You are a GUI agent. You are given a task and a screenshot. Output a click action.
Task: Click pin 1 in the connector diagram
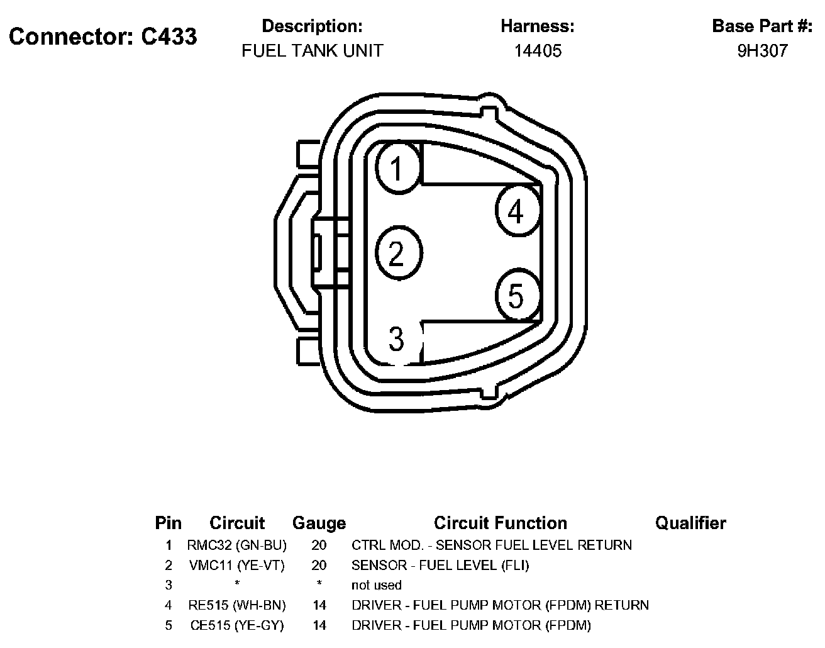(x=397, y=168)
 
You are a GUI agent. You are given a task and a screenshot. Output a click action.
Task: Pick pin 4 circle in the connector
(x=517, y=211)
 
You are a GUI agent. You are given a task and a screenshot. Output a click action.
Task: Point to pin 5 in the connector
(x=517, y=296)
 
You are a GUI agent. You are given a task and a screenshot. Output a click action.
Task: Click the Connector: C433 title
(x=103, y=36)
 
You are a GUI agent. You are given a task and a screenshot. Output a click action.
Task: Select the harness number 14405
(x=538, y=51)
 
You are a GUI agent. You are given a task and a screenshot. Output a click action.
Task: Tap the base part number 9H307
(x=762, y=51)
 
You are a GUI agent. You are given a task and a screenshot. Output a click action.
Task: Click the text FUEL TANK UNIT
(x=313, y=51)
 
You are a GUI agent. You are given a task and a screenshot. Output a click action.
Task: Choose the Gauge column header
(x=319, y=523)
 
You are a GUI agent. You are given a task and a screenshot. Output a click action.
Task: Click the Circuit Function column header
(x=501, y=523)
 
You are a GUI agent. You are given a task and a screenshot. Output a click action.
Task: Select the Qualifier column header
(x=690, y=523)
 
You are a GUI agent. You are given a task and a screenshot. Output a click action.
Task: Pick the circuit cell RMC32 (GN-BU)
(x=237, y=545)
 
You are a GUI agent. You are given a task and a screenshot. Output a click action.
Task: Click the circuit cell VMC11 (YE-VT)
(x=237, y=565)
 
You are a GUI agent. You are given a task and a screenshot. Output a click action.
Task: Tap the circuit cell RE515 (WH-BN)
(x=237, y=605)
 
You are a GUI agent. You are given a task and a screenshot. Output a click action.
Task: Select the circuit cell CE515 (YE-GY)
(x=237, y=625)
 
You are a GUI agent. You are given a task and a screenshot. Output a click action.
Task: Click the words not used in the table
(x=376, y=585)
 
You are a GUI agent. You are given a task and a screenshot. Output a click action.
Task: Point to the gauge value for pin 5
(x=319, y=625)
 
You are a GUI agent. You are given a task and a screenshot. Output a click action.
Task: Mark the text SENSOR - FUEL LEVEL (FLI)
(x=440, y=565)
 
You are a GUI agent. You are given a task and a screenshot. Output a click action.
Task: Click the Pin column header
(x=168, y=523)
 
